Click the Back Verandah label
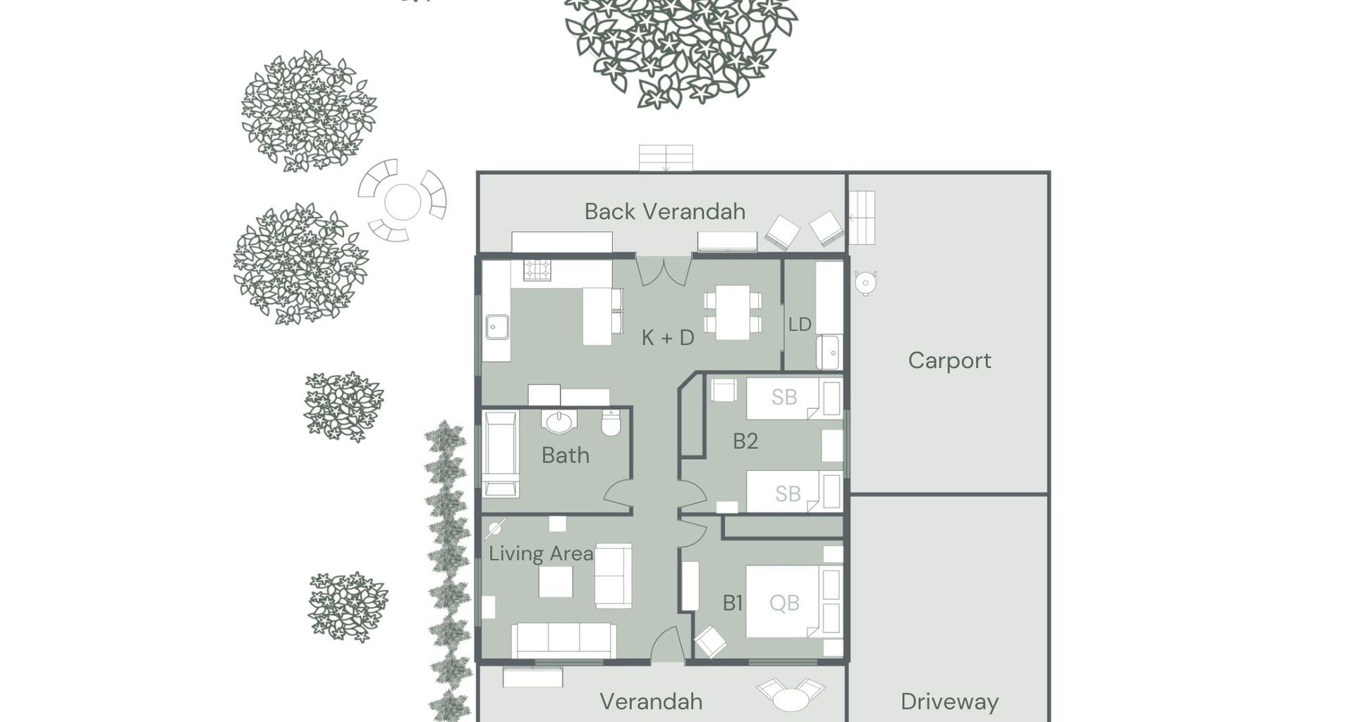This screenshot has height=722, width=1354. tap(664, 212)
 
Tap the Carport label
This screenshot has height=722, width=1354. tap(949, 361)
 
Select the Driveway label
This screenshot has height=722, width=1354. tap(949, 702)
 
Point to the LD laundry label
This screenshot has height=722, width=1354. tap(800, 324)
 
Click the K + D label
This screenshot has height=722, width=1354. tap(668, 338)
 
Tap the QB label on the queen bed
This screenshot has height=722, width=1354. tap(784, 603)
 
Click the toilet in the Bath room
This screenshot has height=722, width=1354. tap(611, 422)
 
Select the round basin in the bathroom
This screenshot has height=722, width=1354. tap(560, 422)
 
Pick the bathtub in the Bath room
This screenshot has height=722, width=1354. tap(501, 454)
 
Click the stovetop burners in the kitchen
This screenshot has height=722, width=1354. tap(537, 270)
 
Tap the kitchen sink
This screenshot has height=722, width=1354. tap(497, 327)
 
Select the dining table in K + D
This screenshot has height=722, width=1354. tap(733, 312)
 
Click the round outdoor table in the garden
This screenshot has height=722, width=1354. tap(403, 202)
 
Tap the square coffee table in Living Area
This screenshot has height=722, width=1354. tap(556, 582)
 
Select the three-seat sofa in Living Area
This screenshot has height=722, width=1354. tap(563, 641)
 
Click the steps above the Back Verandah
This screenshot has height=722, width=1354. tap(666, 158)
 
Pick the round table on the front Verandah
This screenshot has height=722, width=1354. tap(791, 699)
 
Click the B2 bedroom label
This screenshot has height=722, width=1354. tap(745, 441)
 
